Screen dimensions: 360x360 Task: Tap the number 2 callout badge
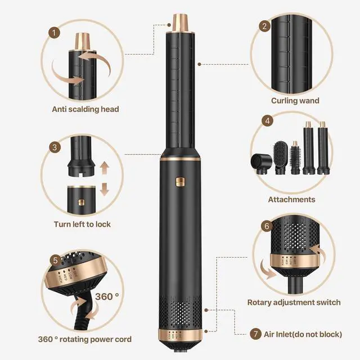pos(264,26)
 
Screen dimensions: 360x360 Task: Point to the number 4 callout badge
pos(268,120)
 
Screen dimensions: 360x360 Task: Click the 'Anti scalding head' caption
pos(85,109)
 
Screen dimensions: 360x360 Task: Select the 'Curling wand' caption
pos(295,101)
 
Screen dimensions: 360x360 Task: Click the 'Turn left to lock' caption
pos(82,224)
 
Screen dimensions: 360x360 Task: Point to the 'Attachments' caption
pos(291,199)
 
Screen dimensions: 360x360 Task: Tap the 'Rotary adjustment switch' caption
pos(294,302)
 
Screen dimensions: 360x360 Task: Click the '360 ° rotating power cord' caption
pos(84,339)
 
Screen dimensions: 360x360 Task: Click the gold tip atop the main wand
pos(179,20)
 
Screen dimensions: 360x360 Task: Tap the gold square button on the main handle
pos(179,182)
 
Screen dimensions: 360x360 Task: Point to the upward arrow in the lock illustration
pos(103,168)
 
